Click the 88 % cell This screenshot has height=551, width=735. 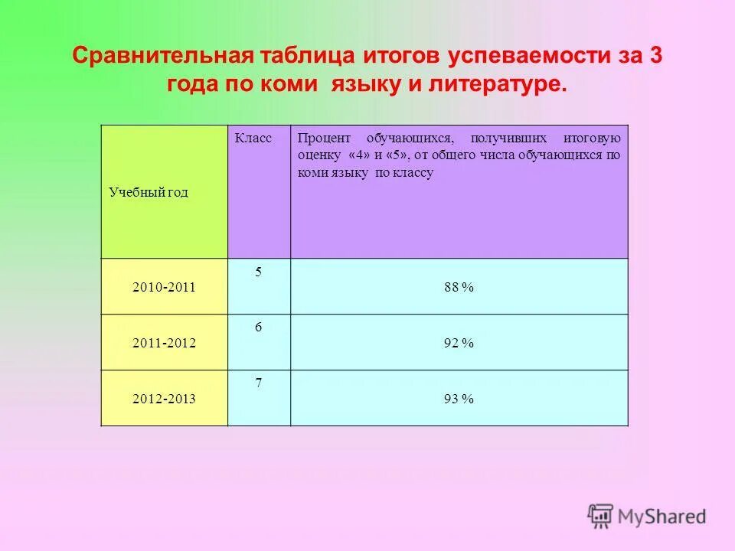pyautogui.click(x=459, y=287)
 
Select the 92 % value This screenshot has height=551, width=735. pyautogui.click(x=459, y=344)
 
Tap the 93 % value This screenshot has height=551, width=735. pyautogui.click(x=459, y=399)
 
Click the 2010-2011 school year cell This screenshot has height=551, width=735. pyautogui.click(x=164, y=288)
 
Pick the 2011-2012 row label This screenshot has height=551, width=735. pyautogui.click(x=164, y=344)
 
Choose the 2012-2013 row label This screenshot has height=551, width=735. pyautogui.click(x=164, y=399)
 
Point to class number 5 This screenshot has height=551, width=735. pyautogui.click(x=258, y=271)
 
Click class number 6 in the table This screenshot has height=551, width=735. pyautogui.click(x=258, y=327)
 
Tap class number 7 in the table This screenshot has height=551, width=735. pyautogui.click(x=258, y=383)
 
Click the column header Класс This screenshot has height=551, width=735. pyautogui.click(x=253, y=138)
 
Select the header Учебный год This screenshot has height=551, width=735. pyautogui.click(x=148, y=193)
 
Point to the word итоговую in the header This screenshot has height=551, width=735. pyautogui.click(x=592, y=139)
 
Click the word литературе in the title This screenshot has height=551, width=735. pyautogui.click(x=499, y=85)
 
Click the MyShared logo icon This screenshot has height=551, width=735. pyautogui.click(x=601, y=516)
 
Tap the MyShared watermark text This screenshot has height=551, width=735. pyautogui.click(x=662, y=517)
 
